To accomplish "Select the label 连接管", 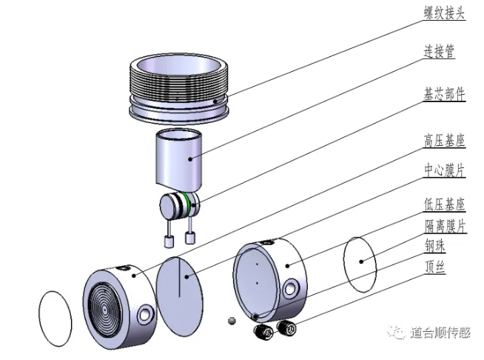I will [439, 52].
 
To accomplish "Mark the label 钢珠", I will [435, 246].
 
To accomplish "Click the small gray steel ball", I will [232, 321].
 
